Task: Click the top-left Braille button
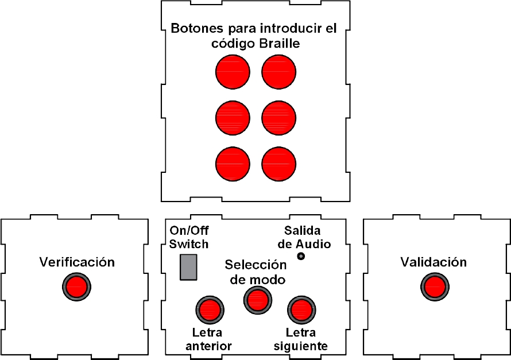(x=233, y=72)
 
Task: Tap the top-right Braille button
(x=279, y=72)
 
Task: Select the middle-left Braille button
(x=233, y=118)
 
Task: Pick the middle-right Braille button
(x=279, y=118)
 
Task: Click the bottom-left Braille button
(x=233, y=164)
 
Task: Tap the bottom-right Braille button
(x=279, y=164)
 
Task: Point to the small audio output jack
(x=300, y=256)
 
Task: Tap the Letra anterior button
(x=209, y=309)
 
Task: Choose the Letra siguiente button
(x=300, y=309)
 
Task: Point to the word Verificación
(x=77, y=262)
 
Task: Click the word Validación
(x=433, y=262)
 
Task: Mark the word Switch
(x=189, y=244)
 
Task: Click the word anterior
(x=209, y=346)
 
